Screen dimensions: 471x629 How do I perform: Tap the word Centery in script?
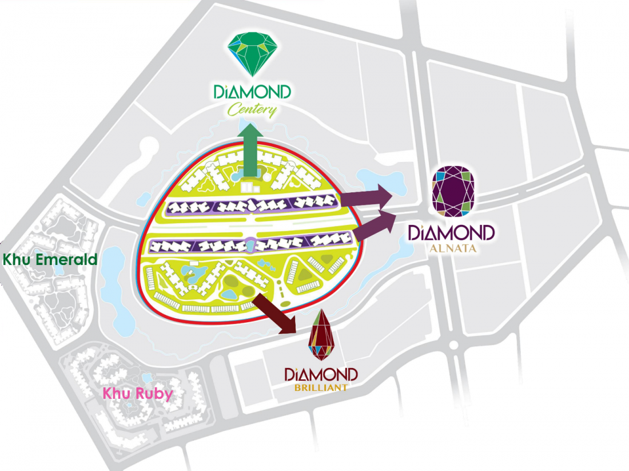(x=252, y=109)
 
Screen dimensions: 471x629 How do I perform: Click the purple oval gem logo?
(x=453, y=191)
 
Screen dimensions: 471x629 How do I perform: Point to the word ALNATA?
(x=452, y=249)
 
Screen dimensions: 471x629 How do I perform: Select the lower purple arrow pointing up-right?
(x=377, y=224)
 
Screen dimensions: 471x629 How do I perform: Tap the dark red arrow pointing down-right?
(x=275, y=312)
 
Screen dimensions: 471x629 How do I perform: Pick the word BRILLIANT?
(x=321, y=387)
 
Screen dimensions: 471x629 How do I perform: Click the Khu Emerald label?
(x=50, y=259)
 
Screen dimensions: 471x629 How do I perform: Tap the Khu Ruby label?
(x=137, y=394)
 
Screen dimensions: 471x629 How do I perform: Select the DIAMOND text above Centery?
(x=252, y=92)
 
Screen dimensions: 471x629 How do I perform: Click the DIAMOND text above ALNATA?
(x=452, y=233)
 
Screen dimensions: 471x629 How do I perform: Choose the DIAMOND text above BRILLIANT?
(x=321, y=375)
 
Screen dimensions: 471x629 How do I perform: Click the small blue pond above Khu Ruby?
(x=147, y=378)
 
